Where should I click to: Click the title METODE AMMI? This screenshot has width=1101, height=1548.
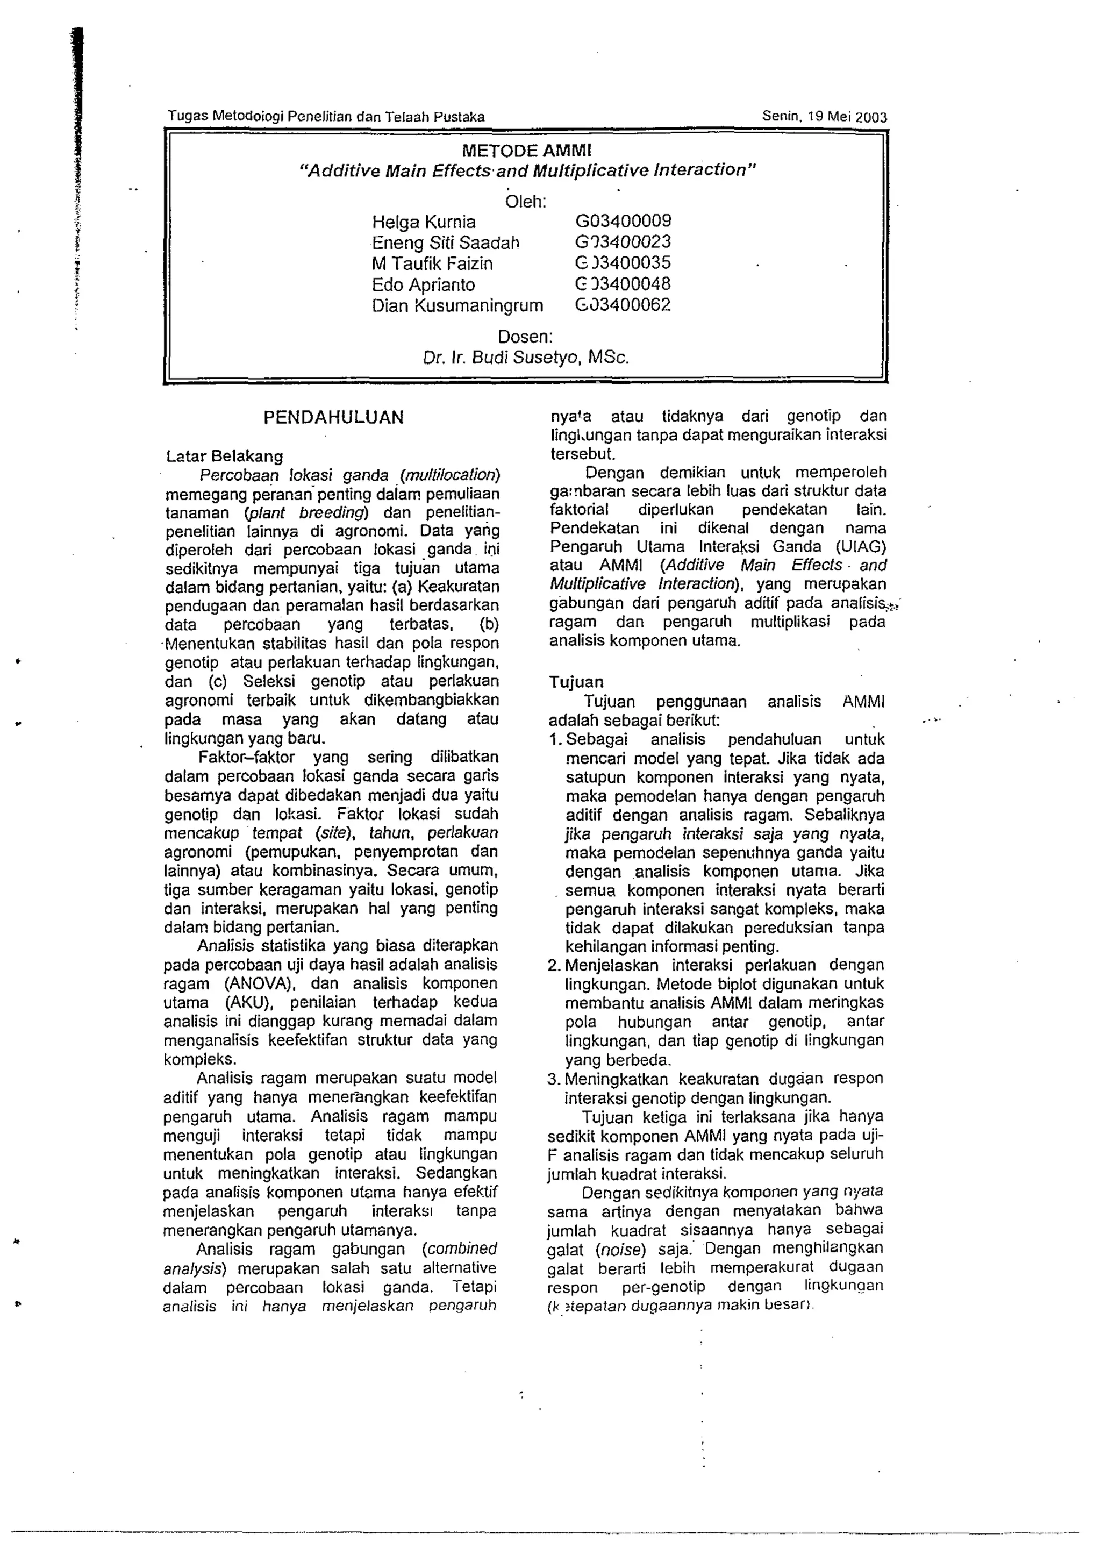click(527, 150)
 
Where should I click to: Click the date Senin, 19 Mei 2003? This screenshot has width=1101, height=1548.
click(824, 116)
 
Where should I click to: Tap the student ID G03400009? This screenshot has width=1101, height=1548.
click(623, 221)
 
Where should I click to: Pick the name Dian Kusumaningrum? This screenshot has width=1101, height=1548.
click(457, 306)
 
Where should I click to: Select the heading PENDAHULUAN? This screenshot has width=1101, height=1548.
click(333, 417)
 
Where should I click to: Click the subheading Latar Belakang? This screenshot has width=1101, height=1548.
click(224, 455)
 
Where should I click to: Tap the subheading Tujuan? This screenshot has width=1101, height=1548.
click(576, 682)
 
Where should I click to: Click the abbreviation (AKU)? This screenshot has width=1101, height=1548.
click(248, 1002)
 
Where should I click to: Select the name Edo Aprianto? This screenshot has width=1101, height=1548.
click(423, 285)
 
